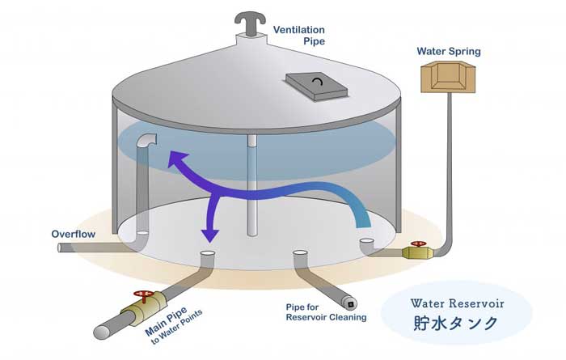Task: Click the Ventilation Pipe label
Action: (x=299, y=36)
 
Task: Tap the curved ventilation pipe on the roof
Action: (x=251, y=23)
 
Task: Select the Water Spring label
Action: (x=449, y=51)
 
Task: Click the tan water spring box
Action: (x=448, y=77)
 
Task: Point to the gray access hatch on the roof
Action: (x=317, y=87)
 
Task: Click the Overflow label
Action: (x=74, y=235)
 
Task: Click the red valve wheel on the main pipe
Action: (x=144, y=295)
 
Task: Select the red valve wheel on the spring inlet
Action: (x=418, y=244)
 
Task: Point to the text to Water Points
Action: (x=177, y=327)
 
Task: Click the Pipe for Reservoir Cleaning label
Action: (x=326, y=312)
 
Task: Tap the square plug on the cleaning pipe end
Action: (x=350, y=305)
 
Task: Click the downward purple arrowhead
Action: (x=209, y=235)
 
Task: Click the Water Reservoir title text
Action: (x=457, y=303)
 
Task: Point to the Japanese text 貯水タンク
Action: (x=455, y=323)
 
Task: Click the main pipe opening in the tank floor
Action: (x=208, y=253)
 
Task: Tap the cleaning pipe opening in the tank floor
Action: (x=300, y=253)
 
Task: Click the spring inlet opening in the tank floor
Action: (x=367, y=241)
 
